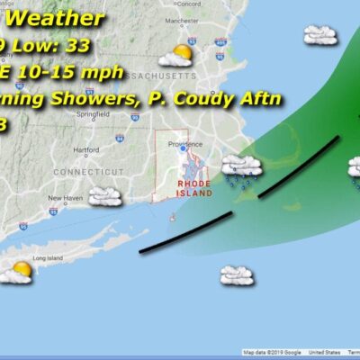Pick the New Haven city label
(x=65, y=198)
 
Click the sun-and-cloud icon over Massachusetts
(x=175, y=56)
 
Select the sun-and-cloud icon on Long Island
(x=16, y=271)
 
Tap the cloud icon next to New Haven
(x=105, y=195)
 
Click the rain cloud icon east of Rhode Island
(x=241, y=168)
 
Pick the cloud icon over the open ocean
(x=236, y=274)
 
